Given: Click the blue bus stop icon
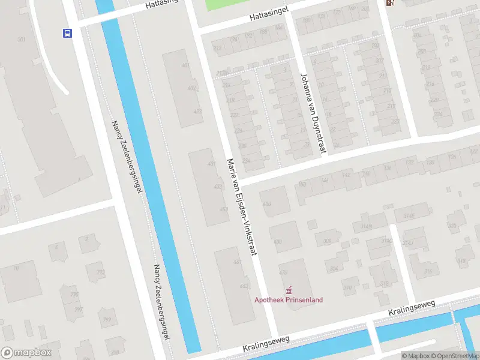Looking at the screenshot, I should [x=67, y=34].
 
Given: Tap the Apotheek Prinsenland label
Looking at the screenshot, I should [x=289, y=300].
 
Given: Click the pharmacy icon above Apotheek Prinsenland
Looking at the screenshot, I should [x=289, y=290].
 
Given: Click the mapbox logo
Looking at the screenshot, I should [x=26, y=353].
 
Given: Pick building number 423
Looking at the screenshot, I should [x=197, y=111].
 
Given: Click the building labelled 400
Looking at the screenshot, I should [x=267, y=204].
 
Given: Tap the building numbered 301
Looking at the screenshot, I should [x=22, y=40].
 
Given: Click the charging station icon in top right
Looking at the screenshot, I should [x=391, y=3].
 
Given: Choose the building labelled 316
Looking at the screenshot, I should [x=428, y=271].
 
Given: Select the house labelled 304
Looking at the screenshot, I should [x=333, y=269].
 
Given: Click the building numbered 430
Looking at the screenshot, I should [x=278, y=241].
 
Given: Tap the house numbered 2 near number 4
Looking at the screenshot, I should [x=86, y=239].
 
